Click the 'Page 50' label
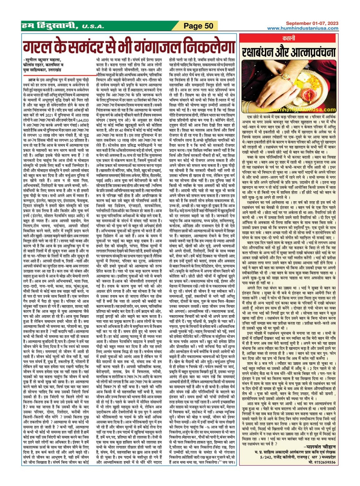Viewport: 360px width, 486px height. point(198,26)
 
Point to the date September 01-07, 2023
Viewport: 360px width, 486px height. point(312,23)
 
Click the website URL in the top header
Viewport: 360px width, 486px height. point(303,28)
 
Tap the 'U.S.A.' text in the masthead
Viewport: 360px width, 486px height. point(93,27)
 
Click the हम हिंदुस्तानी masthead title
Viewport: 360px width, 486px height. point(49,26)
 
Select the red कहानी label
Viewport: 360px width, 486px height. point(289,38)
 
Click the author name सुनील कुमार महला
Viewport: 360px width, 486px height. point(43,60)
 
